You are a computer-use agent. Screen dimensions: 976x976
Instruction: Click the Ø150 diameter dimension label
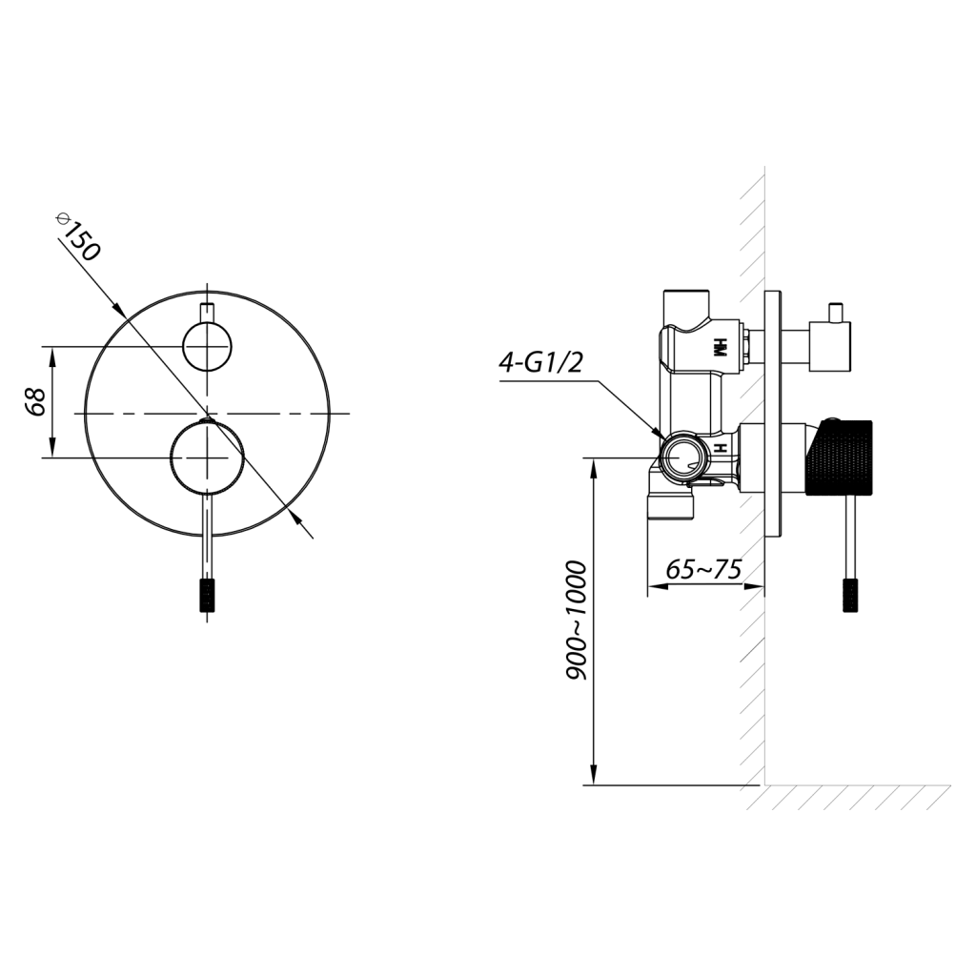[x=77, y=236]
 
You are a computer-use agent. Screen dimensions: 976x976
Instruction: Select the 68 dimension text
[x=34, y=402]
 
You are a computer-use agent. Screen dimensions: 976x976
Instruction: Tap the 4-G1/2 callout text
[x=541, y=361]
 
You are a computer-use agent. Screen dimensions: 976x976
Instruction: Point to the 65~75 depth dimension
[x=703, y=569]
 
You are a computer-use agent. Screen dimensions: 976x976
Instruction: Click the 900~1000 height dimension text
[x=577, y=620]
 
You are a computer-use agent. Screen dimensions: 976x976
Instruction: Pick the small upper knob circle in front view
[x=207, y=346]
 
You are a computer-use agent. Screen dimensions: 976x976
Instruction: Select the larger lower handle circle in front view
[x=207, y=457]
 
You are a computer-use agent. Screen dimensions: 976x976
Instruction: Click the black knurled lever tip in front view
[x=207, y=596]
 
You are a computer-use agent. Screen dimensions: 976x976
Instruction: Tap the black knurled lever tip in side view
[x=850, y=595]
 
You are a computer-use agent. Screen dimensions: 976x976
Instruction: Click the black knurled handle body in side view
[x=840, y=457]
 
